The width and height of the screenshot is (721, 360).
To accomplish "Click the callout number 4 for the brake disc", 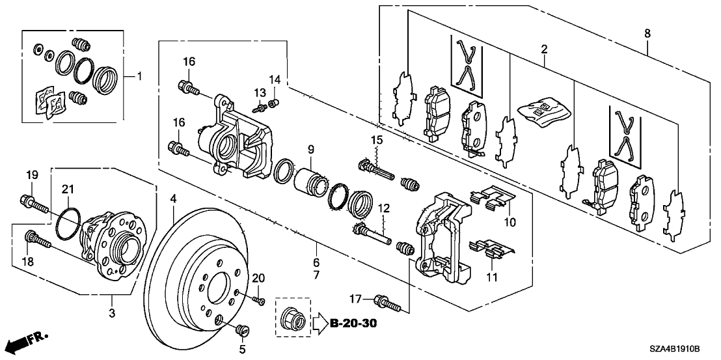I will coord(174,197).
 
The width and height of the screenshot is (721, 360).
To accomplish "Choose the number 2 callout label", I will coord(543,49).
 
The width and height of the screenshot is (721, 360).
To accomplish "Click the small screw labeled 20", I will coord(260,299).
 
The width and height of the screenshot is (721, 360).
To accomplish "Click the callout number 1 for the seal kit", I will coord(139,76).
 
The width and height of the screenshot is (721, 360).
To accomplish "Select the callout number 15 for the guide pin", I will coord(376,141).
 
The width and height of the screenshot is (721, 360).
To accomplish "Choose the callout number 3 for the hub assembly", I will coord(112,315).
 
